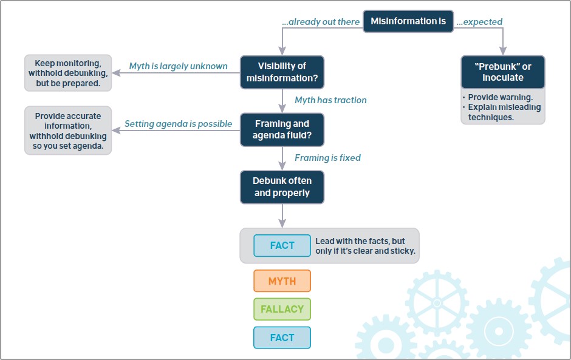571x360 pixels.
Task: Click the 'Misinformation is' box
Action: point(408,21)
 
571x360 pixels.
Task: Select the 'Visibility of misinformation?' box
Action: point(282,72)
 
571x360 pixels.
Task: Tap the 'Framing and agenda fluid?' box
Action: point(282,129)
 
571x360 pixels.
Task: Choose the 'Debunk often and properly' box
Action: point(282,187)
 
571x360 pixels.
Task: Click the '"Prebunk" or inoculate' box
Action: point(502,72)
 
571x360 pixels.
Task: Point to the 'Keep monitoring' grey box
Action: point(68,73)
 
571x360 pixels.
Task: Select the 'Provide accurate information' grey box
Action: point(68,131)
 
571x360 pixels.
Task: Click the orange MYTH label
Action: point(282,281)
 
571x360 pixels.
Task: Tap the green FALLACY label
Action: point(282,309)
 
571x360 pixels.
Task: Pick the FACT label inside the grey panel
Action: point(282,246)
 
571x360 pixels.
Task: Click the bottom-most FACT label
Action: point(282,338)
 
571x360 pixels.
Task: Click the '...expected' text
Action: point(479,22)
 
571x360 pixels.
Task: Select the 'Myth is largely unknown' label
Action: point(178,66)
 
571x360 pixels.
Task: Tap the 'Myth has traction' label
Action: point(330,100)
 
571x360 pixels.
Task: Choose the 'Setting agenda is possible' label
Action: point(178,124)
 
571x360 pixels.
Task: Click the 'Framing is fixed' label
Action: point(327,158)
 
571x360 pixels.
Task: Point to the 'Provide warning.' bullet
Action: point(500,97)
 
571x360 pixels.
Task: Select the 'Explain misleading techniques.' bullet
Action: point(504,112)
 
